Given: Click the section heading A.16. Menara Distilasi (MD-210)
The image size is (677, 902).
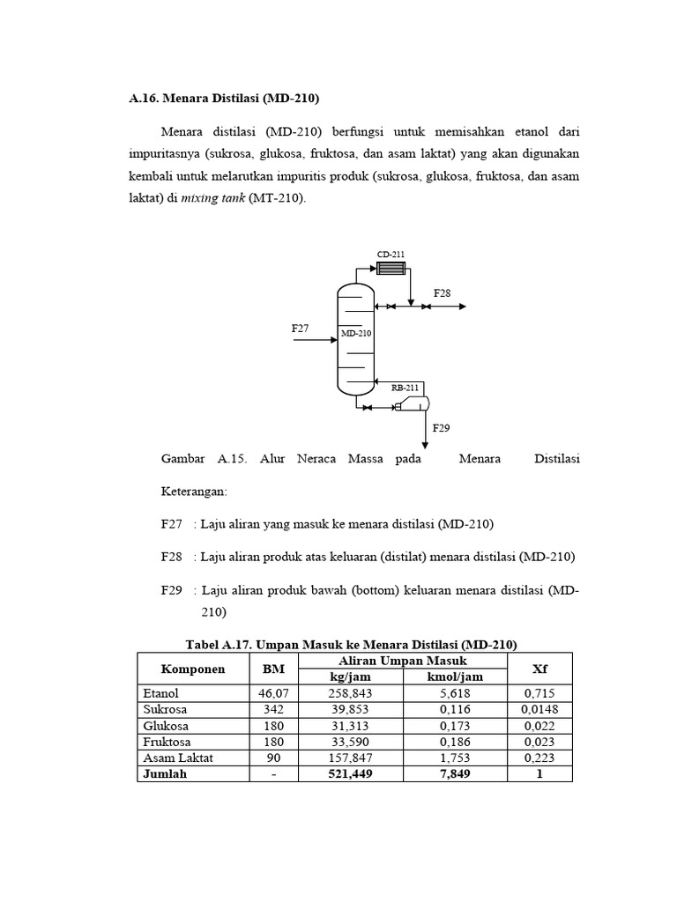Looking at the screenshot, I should [224, 99].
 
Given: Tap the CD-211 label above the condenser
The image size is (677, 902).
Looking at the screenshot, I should [391, 255].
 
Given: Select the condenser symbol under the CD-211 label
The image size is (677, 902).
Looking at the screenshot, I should [391, 268].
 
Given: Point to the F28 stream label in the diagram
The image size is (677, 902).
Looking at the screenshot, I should [442, 292].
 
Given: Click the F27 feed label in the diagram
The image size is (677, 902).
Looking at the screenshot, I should [301, 328].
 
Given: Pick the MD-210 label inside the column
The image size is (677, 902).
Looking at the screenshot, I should [357, 334].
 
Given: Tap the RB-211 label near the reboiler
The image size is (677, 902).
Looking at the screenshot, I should [405, 387].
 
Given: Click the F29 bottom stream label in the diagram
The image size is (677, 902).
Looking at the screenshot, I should [441, 428].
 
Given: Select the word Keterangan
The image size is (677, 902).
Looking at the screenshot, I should [194, 492].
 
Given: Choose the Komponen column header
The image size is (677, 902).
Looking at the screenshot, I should [193, 669].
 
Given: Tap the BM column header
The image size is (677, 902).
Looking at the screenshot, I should [273, 669].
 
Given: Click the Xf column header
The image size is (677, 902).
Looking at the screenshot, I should [539, 669].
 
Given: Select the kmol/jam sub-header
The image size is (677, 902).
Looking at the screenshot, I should [455, 676].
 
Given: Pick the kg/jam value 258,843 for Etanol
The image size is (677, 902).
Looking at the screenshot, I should [350, 694].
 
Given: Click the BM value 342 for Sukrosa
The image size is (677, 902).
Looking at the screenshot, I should [273, 710].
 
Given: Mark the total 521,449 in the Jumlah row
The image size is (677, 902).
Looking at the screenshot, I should [350, 773].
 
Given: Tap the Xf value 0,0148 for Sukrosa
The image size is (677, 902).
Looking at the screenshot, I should [539, 710].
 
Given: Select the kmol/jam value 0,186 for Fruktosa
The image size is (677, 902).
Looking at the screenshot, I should [455, 742].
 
